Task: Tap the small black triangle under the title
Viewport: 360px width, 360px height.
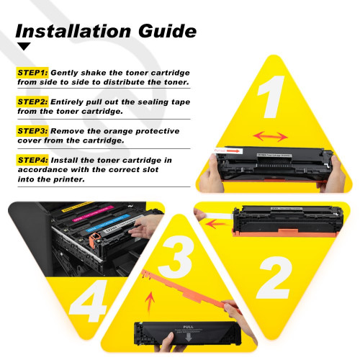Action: [x=24, y=47]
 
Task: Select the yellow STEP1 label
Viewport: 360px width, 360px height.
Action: [x=32, y=73]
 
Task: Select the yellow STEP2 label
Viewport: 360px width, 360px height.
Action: [x=32, y=102]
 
